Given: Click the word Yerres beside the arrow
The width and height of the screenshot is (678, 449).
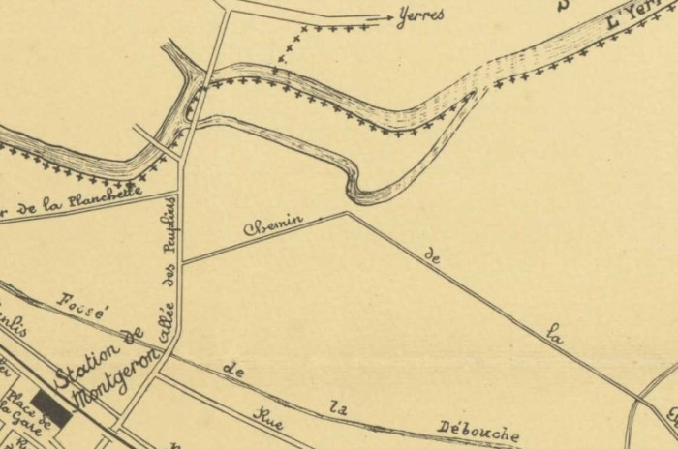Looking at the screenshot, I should (x=421, y=15).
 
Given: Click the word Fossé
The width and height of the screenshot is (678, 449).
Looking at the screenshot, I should (x=83, y=306).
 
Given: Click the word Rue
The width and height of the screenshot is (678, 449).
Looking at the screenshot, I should (x=268, y=415).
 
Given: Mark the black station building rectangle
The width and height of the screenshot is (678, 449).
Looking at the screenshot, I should (x=50, y=410).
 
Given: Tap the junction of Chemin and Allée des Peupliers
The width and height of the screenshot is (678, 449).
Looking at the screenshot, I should (x=182, y=261).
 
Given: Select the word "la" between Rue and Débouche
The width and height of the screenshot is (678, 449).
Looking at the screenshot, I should (x=338, y=406).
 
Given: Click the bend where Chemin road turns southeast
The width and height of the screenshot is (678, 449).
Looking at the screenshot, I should (x=347, y=213).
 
